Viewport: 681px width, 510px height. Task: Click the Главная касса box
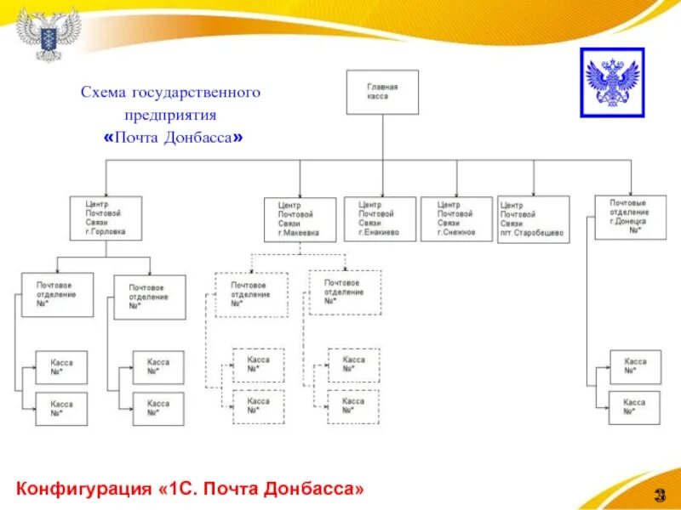click(x=383, y=92)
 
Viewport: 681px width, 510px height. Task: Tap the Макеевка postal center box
click(x=300, y=219)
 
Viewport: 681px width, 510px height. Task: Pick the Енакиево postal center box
click(x=380, y=219)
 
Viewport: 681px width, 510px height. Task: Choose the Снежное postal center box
click(x=456, y=219)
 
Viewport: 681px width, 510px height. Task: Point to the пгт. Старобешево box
click(x=534, y=220)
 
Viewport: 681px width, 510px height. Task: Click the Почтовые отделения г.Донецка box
click(x=630, y=217)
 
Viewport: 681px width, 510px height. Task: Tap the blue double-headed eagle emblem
click(x=612, y=82)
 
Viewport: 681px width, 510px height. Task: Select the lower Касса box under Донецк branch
click(x=635, y=407)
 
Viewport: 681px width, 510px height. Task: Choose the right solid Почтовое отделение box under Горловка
click(x=150, y=297)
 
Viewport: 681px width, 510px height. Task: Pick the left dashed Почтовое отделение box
click(x=251, y=293)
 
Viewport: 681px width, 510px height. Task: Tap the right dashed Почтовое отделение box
click(x=344, y=292)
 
